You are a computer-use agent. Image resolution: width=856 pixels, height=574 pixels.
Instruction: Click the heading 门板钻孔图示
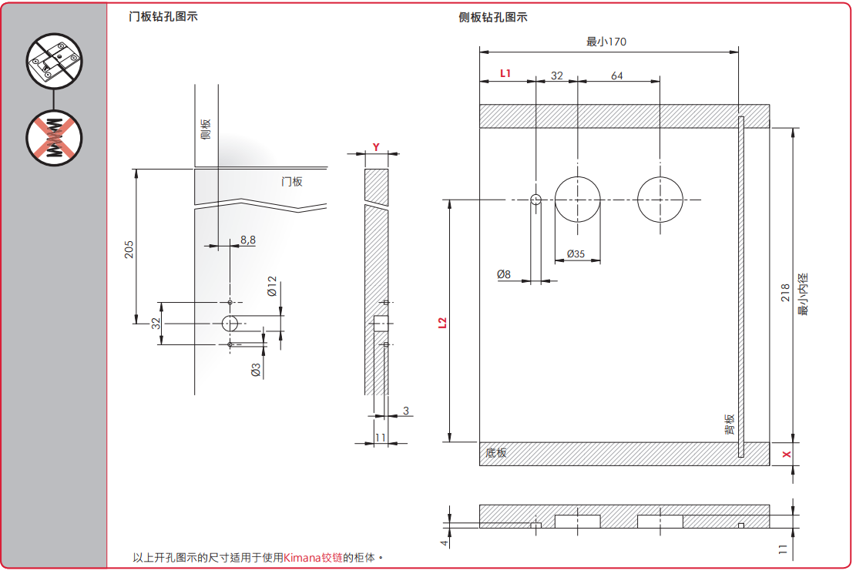coord(163,16)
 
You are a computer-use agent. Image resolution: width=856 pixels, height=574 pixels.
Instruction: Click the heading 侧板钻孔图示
coord(493,17)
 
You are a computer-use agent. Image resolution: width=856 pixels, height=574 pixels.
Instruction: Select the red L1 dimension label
coord(506,73)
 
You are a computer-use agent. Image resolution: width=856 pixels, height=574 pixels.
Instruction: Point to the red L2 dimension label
coord(441,323)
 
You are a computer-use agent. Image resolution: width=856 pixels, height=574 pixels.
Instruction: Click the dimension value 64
coord(617,76)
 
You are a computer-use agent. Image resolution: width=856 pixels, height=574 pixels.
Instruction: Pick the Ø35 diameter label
coord(576,253)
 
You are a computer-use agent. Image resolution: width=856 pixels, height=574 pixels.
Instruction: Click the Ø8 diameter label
coord(504,274)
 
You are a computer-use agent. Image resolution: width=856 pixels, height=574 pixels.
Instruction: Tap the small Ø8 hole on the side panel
coord(536,200)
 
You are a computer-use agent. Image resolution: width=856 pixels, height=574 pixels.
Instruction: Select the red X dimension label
coord(786,455)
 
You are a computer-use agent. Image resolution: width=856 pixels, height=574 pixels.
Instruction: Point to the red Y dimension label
coord(376,146)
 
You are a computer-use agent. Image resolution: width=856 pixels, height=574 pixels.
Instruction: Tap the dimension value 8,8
coord(247,240)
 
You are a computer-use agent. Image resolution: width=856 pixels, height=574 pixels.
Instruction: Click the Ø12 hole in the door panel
coord(230,324)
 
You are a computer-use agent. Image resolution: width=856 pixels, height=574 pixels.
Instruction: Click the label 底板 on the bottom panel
coord(497,453)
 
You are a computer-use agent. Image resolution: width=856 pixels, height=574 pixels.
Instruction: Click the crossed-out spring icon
coord(54,136)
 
